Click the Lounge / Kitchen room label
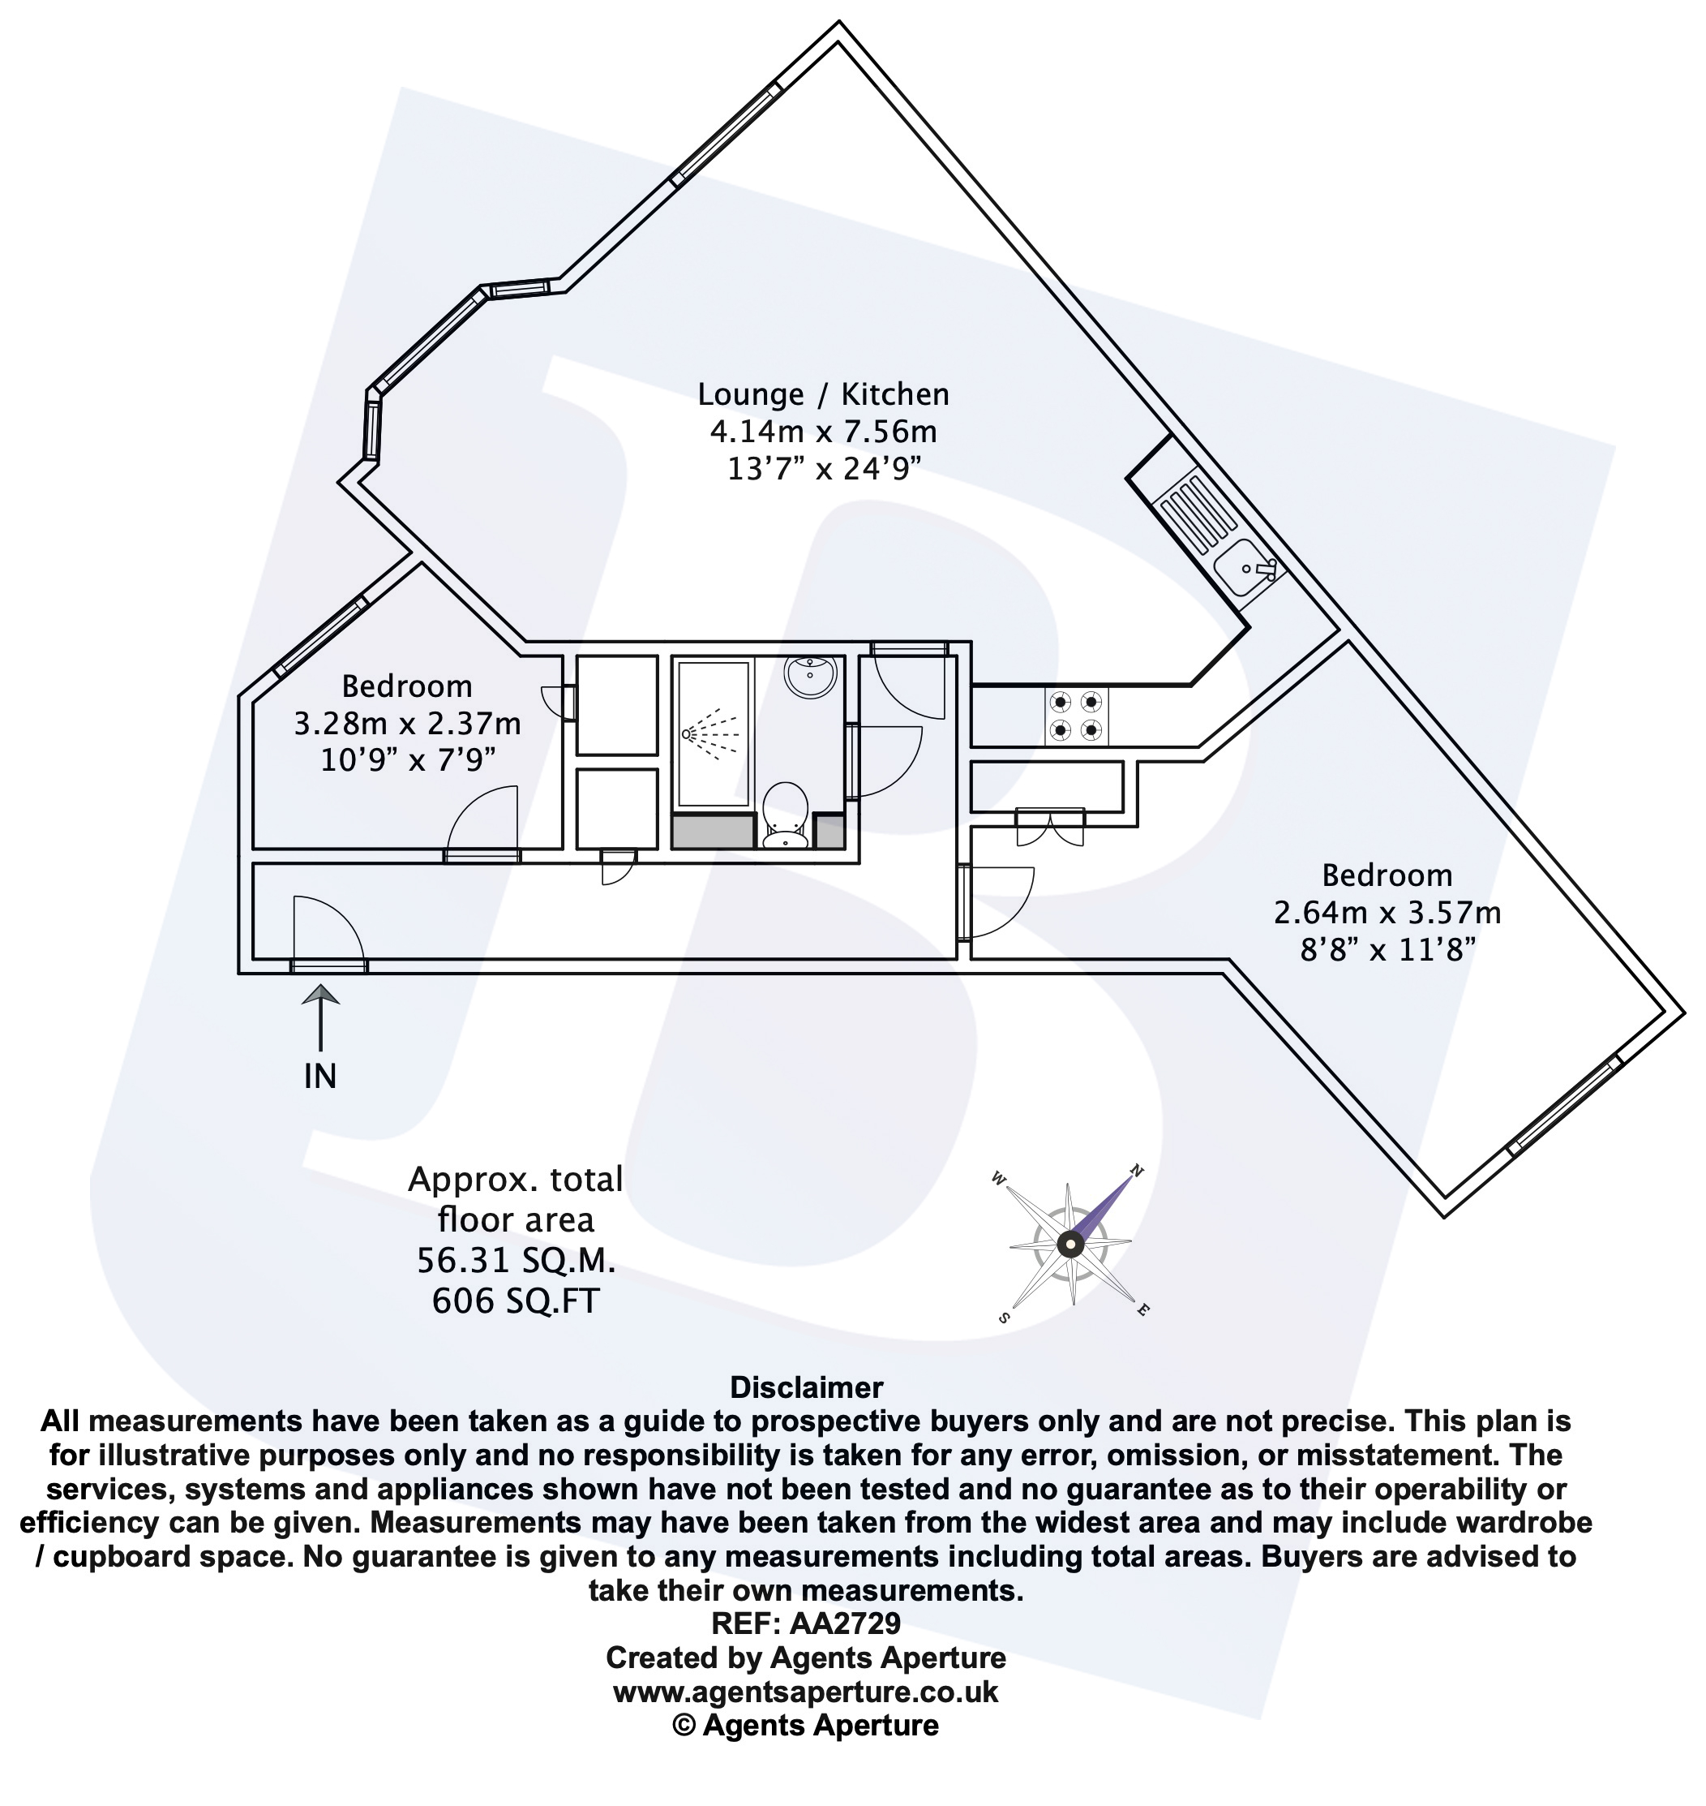click(x=823, y=394)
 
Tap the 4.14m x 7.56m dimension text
click(x=823, y=432)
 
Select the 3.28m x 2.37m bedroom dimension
click(x=406, y=724)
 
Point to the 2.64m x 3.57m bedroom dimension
click(x=1387, y=912)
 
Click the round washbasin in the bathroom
click(x=809, y=676)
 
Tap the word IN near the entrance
click(x=320, y=1077)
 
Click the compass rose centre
click(x=1070, y=1244)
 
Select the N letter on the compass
click(x=1136, y=1170)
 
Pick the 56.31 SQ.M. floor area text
click(x=516, y=1260)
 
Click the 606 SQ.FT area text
click(x=516, y=1301)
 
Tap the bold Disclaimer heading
click(x=806, y=1387)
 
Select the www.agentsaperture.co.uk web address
click(x=806, y=1692)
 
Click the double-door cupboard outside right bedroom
click(x=1049, y=824)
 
